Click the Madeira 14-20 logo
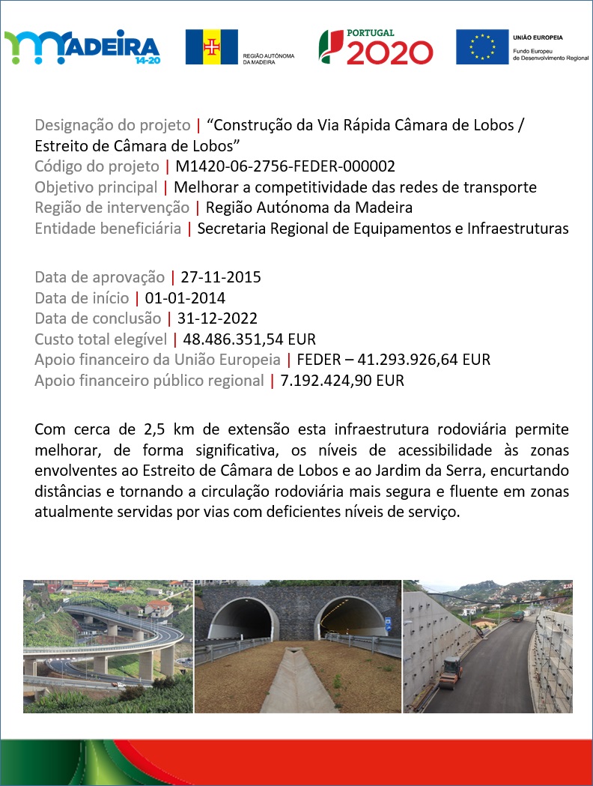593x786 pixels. [82, 47]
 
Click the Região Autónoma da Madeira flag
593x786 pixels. [212, 47]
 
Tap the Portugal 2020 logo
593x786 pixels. [376, 47]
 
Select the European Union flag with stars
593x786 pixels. [481, 46]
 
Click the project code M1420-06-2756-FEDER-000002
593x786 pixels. [285, 166]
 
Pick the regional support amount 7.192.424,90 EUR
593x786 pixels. [342, 381]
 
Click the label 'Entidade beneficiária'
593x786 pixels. [108, 229]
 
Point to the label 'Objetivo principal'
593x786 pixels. [96, 187]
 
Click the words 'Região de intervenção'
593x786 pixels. [112, 208]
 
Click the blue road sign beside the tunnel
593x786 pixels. [387, 622]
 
